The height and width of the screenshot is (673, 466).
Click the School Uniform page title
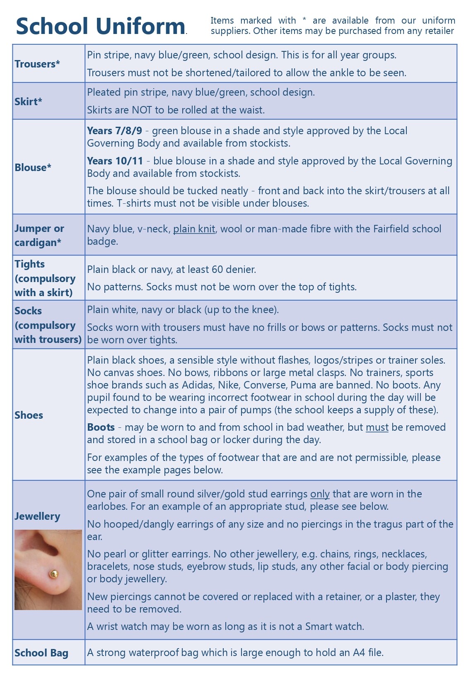pos(100,26)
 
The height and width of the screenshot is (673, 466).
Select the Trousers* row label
pos(37,64)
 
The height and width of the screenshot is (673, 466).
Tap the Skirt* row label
pos(28,101)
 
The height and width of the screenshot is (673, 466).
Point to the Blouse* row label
pos(33,167)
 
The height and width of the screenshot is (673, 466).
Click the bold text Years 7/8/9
pos(114,131)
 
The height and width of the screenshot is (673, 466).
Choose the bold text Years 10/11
pos(115,161)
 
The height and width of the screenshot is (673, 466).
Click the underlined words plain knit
pos(194,229)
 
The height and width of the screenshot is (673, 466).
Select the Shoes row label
pos(29,415)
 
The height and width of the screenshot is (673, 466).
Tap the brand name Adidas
pos(198,385)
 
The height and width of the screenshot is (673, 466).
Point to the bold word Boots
pos(101,427)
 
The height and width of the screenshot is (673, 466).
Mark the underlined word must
pos(377,427)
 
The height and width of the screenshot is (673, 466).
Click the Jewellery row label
pos(37,516)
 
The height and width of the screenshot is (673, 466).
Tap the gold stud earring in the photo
pos(54,574)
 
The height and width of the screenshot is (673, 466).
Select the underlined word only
pos(320,494)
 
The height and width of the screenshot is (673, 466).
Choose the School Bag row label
pos(41,653)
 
